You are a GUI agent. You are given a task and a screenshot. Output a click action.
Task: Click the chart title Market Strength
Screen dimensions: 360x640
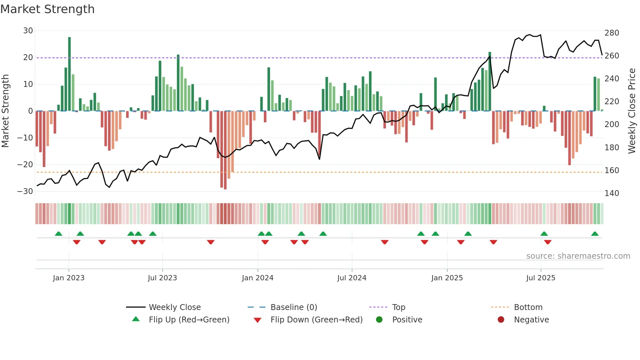coord(48,9)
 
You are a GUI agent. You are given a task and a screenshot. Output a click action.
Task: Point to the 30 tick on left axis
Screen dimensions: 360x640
coord(28,31)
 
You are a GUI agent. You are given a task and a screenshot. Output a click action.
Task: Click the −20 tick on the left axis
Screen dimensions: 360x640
coord(25,165)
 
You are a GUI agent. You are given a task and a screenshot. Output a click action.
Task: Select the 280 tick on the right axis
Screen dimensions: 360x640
coord(612,33)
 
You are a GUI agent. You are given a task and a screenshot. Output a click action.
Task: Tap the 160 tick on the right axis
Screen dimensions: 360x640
coord(612,171)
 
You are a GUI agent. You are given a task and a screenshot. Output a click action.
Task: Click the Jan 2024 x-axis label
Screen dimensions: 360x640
coord(258,278)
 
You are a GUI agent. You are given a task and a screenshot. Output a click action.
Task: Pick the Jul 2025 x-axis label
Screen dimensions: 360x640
coord(541,278)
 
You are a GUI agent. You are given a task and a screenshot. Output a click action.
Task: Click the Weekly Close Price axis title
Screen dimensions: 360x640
coord(632,111)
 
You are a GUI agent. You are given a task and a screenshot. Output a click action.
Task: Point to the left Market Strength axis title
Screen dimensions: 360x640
coord(5,111)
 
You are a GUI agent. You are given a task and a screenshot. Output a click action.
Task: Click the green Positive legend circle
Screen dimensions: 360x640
coord(379,320)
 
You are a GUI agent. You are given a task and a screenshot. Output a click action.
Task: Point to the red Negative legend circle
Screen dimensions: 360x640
coord(501,320)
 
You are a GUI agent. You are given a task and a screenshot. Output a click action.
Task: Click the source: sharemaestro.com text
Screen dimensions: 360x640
coord(578,256)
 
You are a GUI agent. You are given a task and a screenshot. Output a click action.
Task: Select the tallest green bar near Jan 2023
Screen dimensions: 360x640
coord(70,74)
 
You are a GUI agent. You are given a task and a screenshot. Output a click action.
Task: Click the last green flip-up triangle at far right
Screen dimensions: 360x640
coord(595,234)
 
